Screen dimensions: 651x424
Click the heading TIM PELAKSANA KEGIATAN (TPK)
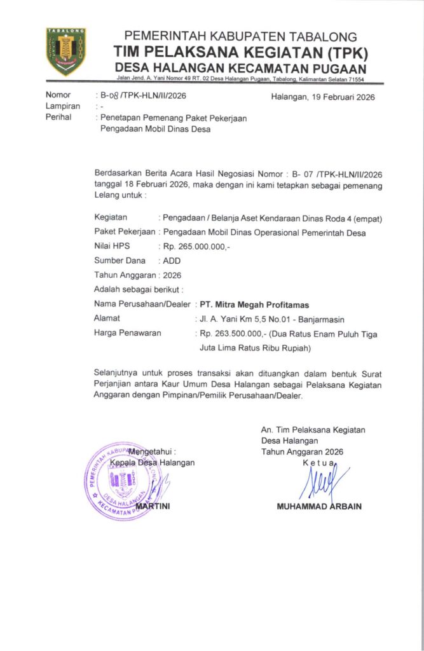pos(241,52)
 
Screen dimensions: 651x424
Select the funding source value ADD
pos(172,261)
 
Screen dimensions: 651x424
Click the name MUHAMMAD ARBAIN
pos(319,507)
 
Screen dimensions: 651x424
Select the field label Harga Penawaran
pos(127,332)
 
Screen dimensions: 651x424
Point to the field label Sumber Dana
pos(120,261)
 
